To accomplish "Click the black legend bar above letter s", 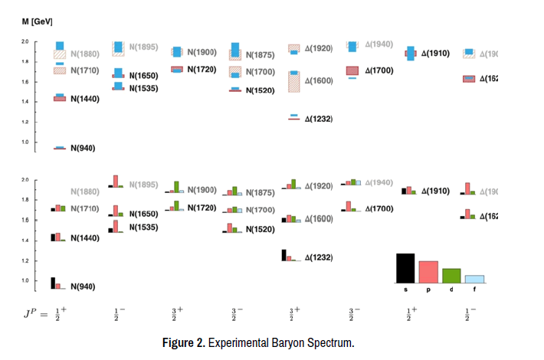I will pyautogui.click(x=405, y=268).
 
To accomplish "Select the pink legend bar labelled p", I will pyautogui.click(x=428, y=272).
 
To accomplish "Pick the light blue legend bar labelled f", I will pyautogui.click(x=474, y=279).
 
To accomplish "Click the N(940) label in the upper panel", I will pyautogui.click(x=83, y=147).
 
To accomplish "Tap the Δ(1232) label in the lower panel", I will pyautogui.click(x=318, y=257).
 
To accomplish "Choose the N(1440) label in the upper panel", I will pyautogui.click(x=85, y=98).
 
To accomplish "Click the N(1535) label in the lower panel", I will pyautogui.click(x=143, y=227).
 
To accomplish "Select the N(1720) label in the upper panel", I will pyautogui.click(x=203, y=70).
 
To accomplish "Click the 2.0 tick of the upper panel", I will pyautogui.click(x=25, y=41).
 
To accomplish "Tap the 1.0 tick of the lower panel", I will pyautogui.click(x=25, y=281).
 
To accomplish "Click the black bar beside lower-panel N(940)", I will pyautogui.click(x=53, y=283).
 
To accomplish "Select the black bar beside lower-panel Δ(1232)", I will pyautogui.click(x=283, y=255).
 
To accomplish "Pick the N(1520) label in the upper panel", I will pyautogui.click(x=261, y=90).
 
